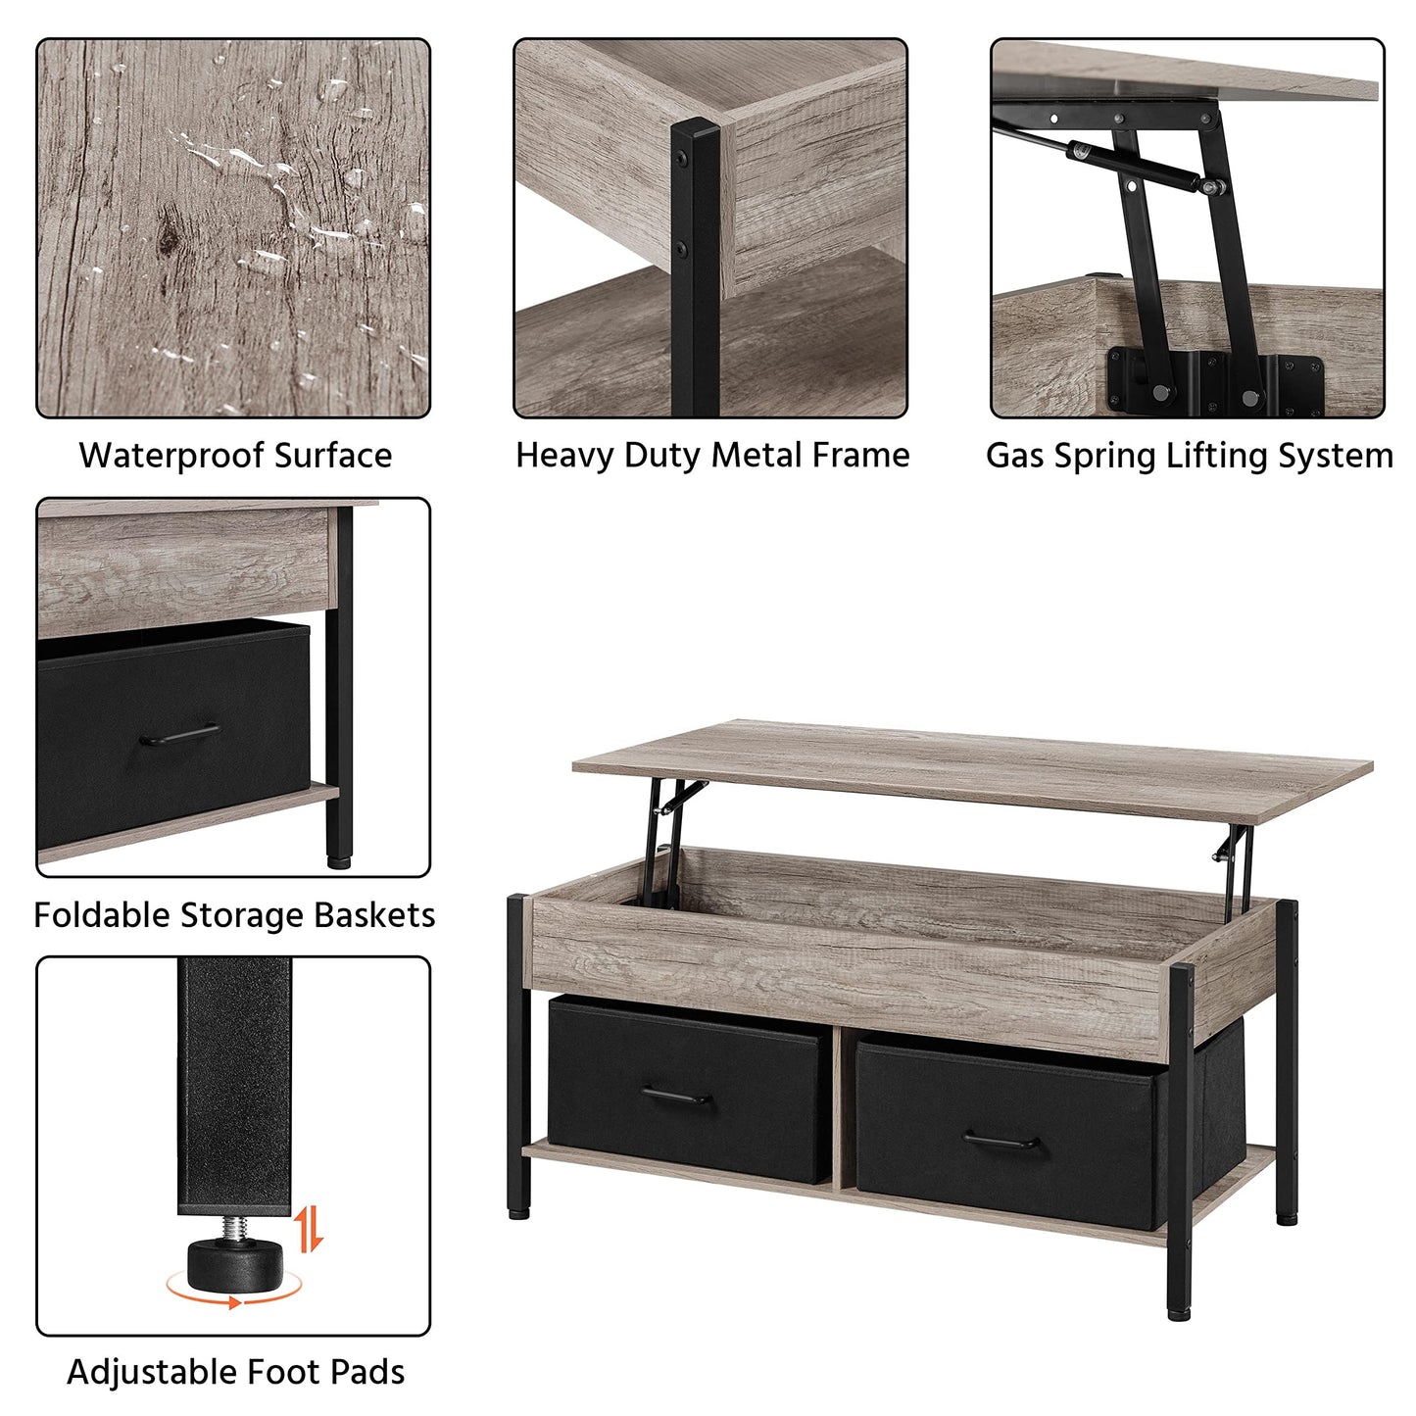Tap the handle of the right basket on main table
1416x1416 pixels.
pos(1001,1143)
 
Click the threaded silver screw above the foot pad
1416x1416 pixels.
pos(235,1226)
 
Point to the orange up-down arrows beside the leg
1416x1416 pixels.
pos(310,1229)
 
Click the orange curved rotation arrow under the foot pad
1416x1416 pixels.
pos(233,1299)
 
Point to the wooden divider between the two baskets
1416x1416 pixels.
pos(839,1107)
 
